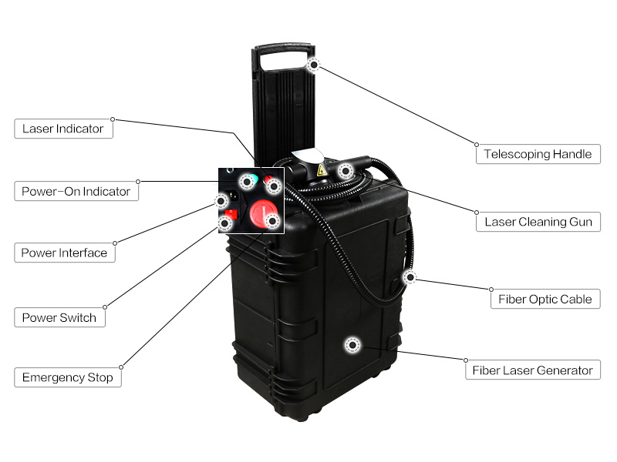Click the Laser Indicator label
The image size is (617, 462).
click(63, 129)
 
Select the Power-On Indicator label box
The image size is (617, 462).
click(76, 191)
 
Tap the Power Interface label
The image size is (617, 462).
click(65, 253)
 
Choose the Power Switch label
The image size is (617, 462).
click(59, 317)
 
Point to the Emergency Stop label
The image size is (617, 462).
click(68, 377)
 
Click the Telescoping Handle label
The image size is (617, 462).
click(538, 154)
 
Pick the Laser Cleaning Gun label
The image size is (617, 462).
click(538, 222)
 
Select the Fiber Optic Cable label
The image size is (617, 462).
click(545, 299)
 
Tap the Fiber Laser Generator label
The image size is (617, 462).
click(533, 370)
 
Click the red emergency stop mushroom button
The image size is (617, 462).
click(261, 212)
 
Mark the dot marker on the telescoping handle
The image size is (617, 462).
click(313, 65)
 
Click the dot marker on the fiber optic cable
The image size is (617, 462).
click(410, 276)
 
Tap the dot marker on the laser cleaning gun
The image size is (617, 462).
click(343, 170)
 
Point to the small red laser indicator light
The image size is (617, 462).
click(271, 185)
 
